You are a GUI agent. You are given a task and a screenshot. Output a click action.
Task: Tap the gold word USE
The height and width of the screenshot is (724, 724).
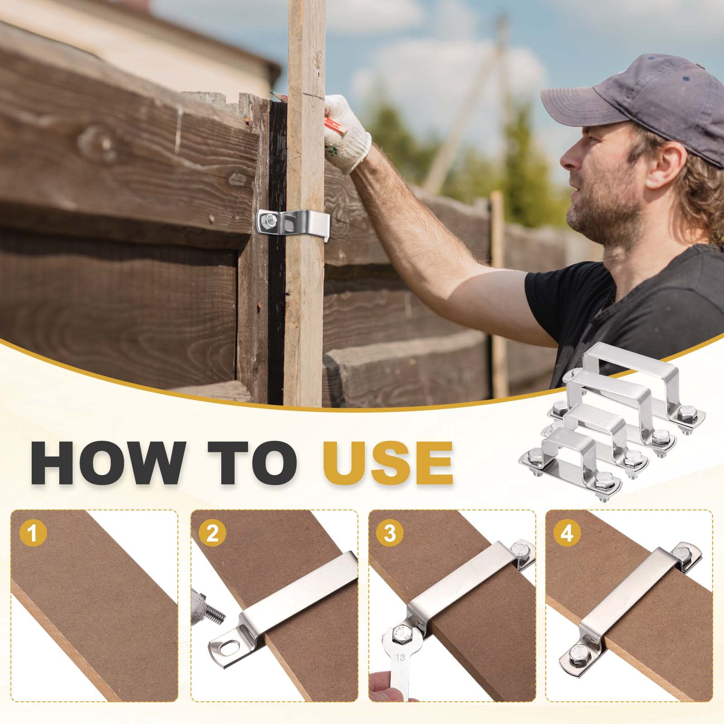point(383,457)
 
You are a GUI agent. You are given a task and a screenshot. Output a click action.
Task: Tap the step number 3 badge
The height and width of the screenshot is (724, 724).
point(389,534)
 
